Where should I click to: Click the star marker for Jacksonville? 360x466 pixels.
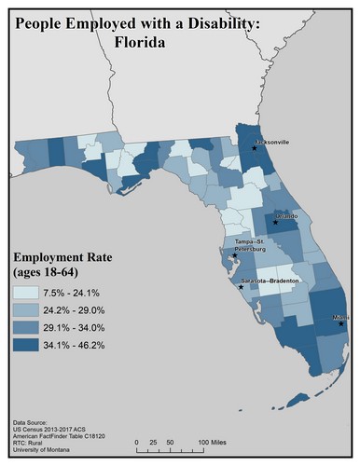[254, 148]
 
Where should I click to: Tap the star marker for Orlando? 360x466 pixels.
[275, 222]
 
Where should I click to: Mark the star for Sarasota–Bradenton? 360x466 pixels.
[241, 286]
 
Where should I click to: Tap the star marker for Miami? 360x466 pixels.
[341, 323]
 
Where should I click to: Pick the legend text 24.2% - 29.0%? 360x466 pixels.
[75, 310]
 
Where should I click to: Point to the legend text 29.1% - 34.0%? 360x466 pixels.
[75, 328]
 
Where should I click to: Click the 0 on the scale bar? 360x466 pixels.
[137, 442]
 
